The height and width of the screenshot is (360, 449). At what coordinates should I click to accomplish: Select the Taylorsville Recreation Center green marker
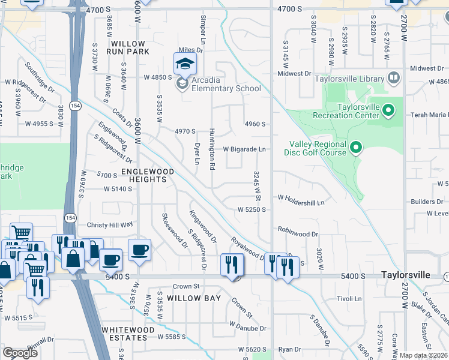[388, 110]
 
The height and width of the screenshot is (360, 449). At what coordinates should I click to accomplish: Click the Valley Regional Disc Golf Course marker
[356, 147]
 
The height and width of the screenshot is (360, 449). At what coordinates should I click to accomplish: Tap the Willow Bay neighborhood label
[194, 298]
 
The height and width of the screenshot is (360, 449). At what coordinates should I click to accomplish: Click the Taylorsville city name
[406, 275]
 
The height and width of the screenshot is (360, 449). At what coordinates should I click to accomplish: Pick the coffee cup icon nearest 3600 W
[139, 250]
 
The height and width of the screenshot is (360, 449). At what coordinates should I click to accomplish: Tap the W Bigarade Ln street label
[244, 149]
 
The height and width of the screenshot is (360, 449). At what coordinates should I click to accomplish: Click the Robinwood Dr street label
[298, 229]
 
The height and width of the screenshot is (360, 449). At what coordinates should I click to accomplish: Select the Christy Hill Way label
[110, 224]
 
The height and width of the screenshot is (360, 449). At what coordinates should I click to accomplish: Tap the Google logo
[20, 353]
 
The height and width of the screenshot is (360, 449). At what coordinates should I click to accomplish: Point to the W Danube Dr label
[247, 328]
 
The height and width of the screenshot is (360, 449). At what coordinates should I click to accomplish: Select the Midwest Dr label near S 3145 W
[294, 74]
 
